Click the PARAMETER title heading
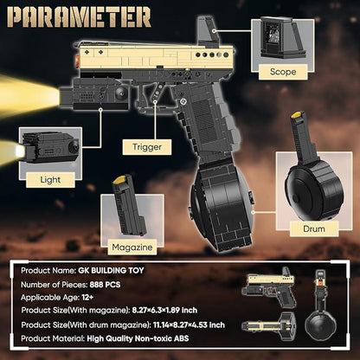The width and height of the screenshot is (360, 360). pyautogui.click(x=79, y=17)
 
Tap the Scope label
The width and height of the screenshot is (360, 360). pyautogui.click(x=283, y=72)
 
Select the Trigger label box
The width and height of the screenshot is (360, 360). pyautogui.click(x=147, y=147)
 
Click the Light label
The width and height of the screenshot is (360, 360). pyautogui.click(x=50, y=180)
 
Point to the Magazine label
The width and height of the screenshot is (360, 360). pyautogui.click(x=132, y=247)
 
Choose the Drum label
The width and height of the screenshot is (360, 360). pyautogui.click(x=314, y=229)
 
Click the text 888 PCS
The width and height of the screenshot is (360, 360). pyautogui.click(x=105, y=285)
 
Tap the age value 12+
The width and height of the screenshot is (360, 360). pyautogui.click(x=87, y=298)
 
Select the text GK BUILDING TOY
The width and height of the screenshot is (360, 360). pyautogui.click(x=111, y=271)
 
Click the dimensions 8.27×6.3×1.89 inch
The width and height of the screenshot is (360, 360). pyautogui.click(x=164, y=311)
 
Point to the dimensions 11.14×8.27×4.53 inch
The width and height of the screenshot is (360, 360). pyautogui.click(x=189, y=325)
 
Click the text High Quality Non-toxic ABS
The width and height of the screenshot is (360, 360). pyautogui.click(x=138, y=338)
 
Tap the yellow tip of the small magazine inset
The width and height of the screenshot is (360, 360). pyautogui.click(x=119, y=180)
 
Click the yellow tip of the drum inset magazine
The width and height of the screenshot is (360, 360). pyautogui.click(x=298, y=115)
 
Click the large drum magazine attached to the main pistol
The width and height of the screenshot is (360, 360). pyautogui.click(x=222, y=205)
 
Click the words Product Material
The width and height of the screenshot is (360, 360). pyautogui.click(x=53, y=338)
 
